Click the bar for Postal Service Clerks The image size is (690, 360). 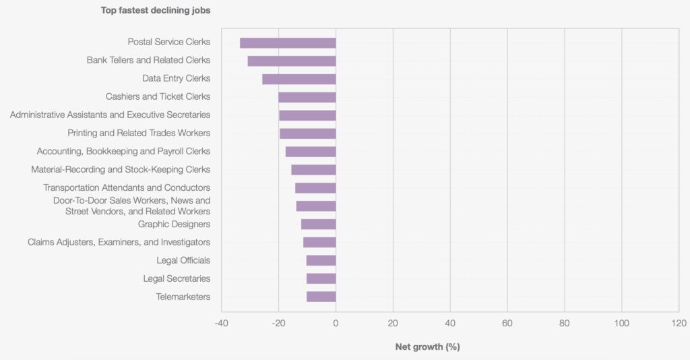coord(288,42)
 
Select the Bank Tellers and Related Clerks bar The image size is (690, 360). coord(292,61)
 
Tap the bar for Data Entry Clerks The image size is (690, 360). coord(299,79)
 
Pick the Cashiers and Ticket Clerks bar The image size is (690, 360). coord(307,97)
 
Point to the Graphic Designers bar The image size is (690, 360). coord(318,224)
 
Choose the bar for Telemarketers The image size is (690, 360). coord(321,297)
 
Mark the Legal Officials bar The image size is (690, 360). coord(321,260)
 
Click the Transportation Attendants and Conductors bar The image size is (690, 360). coord(315,188)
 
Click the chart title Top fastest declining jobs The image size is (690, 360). coord(156,10)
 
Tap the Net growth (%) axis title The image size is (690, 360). coord(427,347)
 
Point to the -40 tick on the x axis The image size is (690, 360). coord(221,323)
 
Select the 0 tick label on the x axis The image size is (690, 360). coord(336,323)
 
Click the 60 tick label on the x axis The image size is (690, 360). coord(507,323)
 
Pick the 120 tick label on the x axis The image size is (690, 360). coord(679,323)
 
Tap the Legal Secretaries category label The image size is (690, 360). coord(177,278)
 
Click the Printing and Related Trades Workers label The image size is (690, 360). coord(139,133)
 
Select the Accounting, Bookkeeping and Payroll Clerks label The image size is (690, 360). coord(123,151)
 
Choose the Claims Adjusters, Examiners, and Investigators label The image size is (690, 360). coord(119,242)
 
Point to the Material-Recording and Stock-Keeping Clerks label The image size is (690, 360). coord(121,169)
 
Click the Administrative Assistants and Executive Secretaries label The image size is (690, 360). coord(110,115)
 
